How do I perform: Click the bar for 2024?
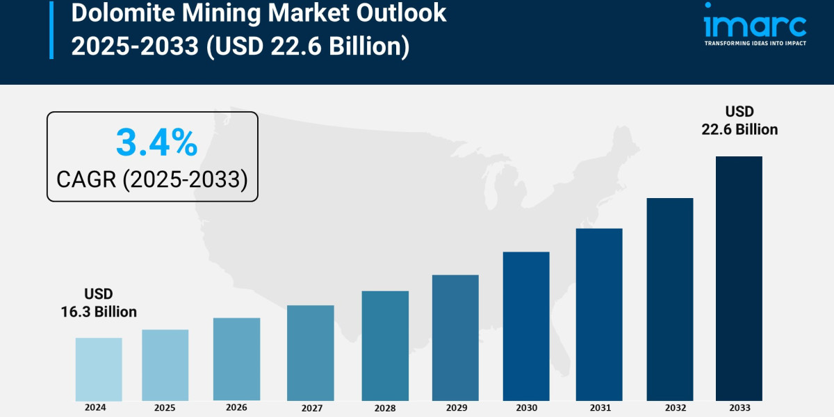(x=99, y=369)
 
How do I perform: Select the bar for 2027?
(x=310, y=353)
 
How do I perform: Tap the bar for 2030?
(x=526, y=326)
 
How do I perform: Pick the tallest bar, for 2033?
(x=739, y=278)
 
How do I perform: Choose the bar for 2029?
(x=455, y=338)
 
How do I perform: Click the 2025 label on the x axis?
(x=165, y=408)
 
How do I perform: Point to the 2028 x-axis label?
(x=385, y=408)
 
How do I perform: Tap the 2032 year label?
(x=670, y=408)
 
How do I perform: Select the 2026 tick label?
(x=236, y=408)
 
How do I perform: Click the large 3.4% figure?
(x=156, y=142)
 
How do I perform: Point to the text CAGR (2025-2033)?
(x=152, y=179)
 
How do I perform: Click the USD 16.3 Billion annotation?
(x=98, y=303)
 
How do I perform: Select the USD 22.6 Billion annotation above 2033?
(x=739, y=120)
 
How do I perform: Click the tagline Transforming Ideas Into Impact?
(x=755, y=43)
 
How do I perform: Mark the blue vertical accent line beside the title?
(x=51, y=29)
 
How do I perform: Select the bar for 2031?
(x=599, y=314)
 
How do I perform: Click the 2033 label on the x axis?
(x=739, y=408)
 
